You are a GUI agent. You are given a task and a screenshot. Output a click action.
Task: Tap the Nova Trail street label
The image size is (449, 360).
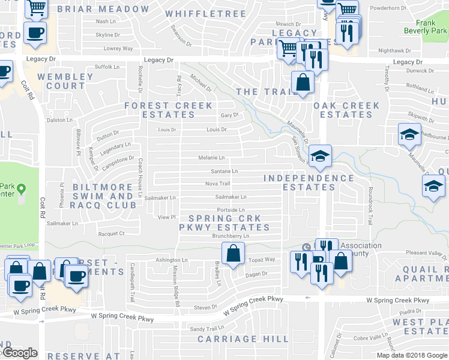point(217,184)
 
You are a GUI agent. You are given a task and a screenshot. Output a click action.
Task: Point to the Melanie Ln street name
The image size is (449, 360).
point(212,158)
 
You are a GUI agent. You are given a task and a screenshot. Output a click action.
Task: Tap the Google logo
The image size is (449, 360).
point(19,353)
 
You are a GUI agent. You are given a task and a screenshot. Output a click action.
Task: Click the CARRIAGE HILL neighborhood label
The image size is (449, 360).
point(231,339)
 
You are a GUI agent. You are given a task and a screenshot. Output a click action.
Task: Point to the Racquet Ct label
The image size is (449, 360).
point(112,233)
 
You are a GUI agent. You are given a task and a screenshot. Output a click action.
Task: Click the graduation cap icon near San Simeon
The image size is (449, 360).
point(321,157)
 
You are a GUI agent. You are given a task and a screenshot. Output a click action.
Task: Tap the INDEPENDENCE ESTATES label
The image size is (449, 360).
point(309,182)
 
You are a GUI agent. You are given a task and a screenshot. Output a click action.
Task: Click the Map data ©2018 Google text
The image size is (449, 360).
point(411,355)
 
